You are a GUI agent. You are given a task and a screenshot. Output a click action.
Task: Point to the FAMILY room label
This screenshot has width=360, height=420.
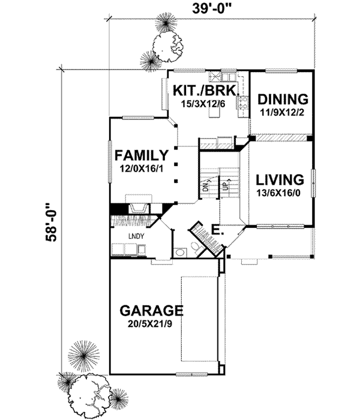142,156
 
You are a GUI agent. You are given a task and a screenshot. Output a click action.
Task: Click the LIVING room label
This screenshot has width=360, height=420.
279,179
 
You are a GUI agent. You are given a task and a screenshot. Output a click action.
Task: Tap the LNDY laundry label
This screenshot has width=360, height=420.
136,236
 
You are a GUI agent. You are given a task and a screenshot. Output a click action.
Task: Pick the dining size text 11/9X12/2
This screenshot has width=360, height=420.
281,112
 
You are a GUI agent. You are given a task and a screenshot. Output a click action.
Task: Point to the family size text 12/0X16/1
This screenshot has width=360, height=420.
142,169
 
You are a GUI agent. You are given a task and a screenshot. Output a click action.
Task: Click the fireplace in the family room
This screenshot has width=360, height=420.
137,206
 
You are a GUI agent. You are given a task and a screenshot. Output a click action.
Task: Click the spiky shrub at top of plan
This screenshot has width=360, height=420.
164,25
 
